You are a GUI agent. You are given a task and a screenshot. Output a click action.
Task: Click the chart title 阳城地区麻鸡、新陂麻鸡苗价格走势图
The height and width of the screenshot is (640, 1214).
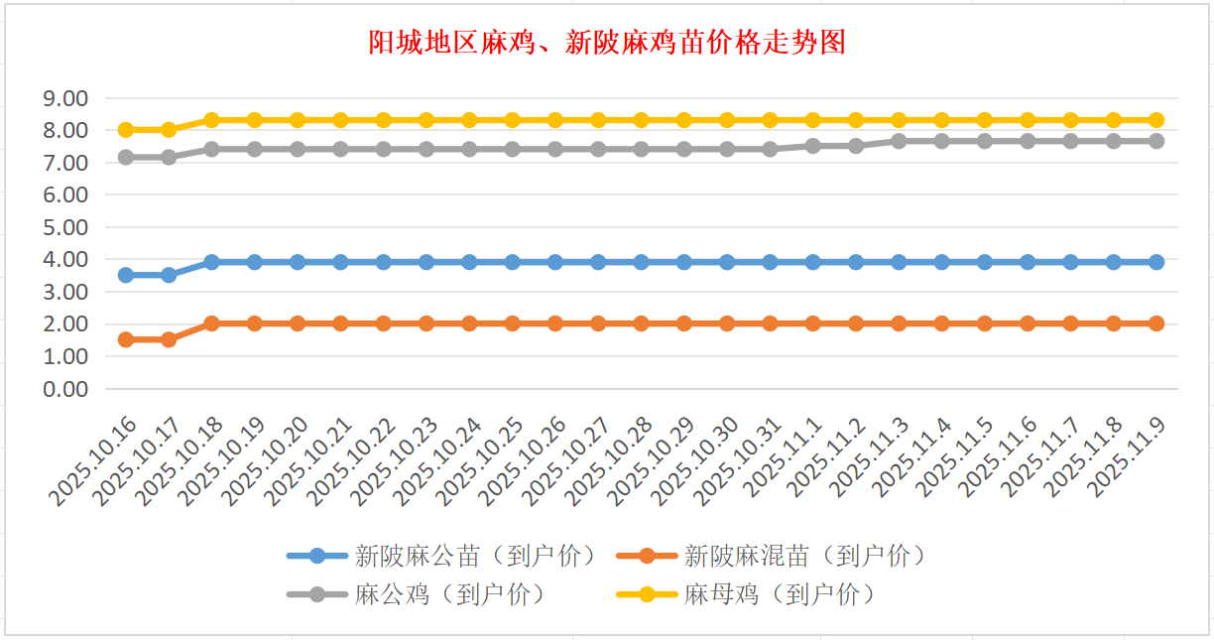(x=607, y=43)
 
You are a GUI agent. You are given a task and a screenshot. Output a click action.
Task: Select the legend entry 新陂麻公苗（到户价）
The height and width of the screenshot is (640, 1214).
(x=475, y=556)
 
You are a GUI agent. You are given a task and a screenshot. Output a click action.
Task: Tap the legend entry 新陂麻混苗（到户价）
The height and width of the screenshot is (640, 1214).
(x=804, y=556)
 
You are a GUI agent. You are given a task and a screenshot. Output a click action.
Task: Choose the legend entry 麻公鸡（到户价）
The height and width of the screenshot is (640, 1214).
(x=449, y=594)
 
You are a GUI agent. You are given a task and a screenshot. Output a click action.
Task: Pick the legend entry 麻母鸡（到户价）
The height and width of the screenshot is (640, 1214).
(x=779, y=594)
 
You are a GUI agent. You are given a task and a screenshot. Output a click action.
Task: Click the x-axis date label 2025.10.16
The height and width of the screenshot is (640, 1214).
(x=94, y=461)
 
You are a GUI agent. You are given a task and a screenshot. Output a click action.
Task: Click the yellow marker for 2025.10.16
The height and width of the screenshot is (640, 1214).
(x=126, y=130)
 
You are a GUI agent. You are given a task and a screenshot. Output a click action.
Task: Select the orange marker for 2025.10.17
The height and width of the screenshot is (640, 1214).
(x=169, y=339)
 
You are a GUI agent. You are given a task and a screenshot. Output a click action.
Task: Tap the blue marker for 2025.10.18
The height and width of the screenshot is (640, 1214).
(x=211, y=262)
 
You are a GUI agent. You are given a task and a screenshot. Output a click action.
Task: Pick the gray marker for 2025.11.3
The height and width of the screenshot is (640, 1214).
(x=899, y=141)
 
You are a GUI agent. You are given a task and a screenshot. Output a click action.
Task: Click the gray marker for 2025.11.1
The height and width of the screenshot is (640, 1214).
(x=813, y=146)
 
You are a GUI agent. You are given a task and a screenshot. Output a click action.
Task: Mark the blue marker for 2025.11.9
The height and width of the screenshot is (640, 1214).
(x=1156, y=262)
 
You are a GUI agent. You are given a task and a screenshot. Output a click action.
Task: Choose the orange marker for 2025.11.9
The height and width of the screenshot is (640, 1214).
(x=1156, y=323)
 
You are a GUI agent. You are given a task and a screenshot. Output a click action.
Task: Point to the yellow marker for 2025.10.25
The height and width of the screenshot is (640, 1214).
(x=512, y=120)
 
